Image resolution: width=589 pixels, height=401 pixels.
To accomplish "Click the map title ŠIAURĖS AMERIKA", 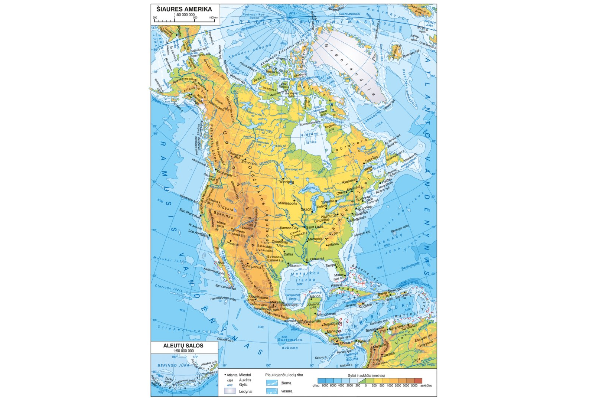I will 184,9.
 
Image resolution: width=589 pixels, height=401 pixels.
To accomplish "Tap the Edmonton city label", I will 249,163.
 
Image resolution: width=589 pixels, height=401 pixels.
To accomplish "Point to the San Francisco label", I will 189,212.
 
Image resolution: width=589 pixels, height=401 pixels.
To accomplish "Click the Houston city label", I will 295,265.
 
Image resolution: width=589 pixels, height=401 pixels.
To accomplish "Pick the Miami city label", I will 339,275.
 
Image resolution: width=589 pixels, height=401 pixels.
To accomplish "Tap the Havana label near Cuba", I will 337,285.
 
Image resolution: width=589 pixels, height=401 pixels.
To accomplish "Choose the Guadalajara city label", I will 258,297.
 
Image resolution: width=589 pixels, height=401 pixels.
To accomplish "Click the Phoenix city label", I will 232,244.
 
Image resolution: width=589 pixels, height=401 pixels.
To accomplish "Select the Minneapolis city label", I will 287,203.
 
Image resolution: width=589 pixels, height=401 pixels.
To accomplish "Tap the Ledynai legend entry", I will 245,391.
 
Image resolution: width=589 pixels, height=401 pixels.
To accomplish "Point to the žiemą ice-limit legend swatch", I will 272,383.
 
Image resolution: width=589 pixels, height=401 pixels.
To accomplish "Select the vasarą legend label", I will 286,391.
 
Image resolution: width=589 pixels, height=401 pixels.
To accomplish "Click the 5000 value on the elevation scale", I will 414,386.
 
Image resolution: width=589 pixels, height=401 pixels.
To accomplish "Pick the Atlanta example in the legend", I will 232,375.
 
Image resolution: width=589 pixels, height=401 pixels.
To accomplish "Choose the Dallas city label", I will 288,254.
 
